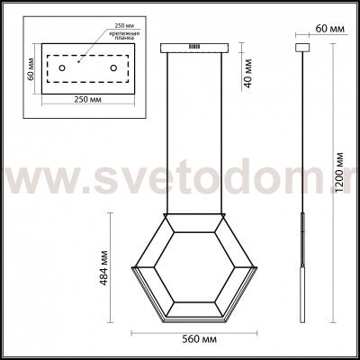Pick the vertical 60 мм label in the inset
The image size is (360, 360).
click(29, 69)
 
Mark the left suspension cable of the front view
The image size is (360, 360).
click(167, 135)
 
